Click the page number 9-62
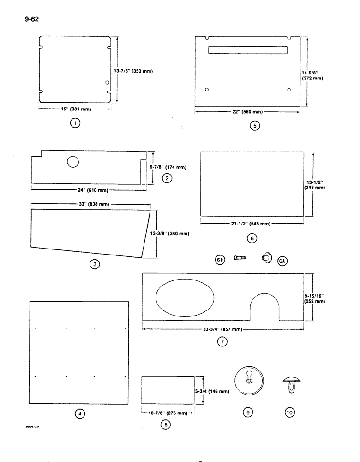pos(29,20)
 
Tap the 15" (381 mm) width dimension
pos(75,109)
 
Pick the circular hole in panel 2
pos(73,162)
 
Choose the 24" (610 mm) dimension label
pos(88,189)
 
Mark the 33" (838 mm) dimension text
pos(88,204)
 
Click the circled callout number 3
pos(94,265)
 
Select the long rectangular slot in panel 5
pos(247,49)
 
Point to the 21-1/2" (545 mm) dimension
pos(252,224)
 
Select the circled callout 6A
pos(282,261)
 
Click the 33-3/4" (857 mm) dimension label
pos(222,329)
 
